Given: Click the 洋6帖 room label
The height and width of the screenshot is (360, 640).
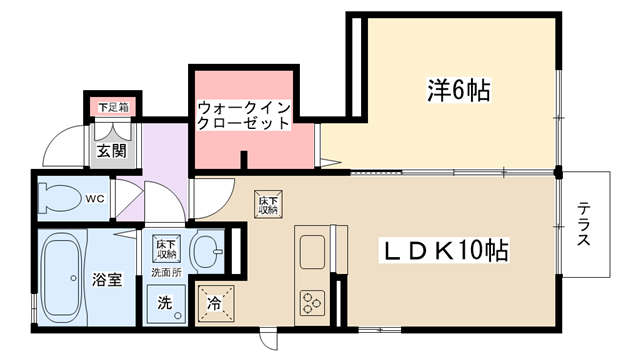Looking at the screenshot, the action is tap(459, 89).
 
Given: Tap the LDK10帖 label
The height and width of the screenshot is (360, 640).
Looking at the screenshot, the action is tap(445, 250).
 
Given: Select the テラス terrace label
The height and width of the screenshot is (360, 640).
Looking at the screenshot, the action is tap(584, 225).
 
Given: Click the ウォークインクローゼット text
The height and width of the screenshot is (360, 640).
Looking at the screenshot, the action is tap(243, 116).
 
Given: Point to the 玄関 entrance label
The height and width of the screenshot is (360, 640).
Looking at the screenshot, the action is tap(111, 151).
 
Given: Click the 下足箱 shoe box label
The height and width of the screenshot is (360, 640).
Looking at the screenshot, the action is tap(113, 107).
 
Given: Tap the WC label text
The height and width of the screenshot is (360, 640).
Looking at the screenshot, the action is tap(95, 199).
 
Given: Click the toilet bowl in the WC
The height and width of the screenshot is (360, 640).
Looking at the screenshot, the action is tap(59, 198).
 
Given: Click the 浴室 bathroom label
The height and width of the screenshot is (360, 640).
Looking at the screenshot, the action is tap(107, 280).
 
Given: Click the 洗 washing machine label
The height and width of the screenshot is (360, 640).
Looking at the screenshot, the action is tap(165, 302).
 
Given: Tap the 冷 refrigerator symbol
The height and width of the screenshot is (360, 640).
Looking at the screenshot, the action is tap(216, 304).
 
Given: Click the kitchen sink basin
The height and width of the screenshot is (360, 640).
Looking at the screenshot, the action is tap(312, 252).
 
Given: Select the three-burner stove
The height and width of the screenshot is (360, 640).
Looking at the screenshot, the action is tap(312, 303).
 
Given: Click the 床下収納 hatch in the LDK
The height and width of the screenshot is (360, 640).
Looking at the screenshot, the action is tap(269, 204).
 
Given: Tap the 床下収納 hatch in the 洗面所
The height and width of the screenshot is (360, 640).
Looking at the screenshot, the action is tap(167, 248).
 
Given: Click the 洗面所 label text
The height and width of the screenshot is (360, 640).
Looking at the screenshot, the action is tap(167, 272).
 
